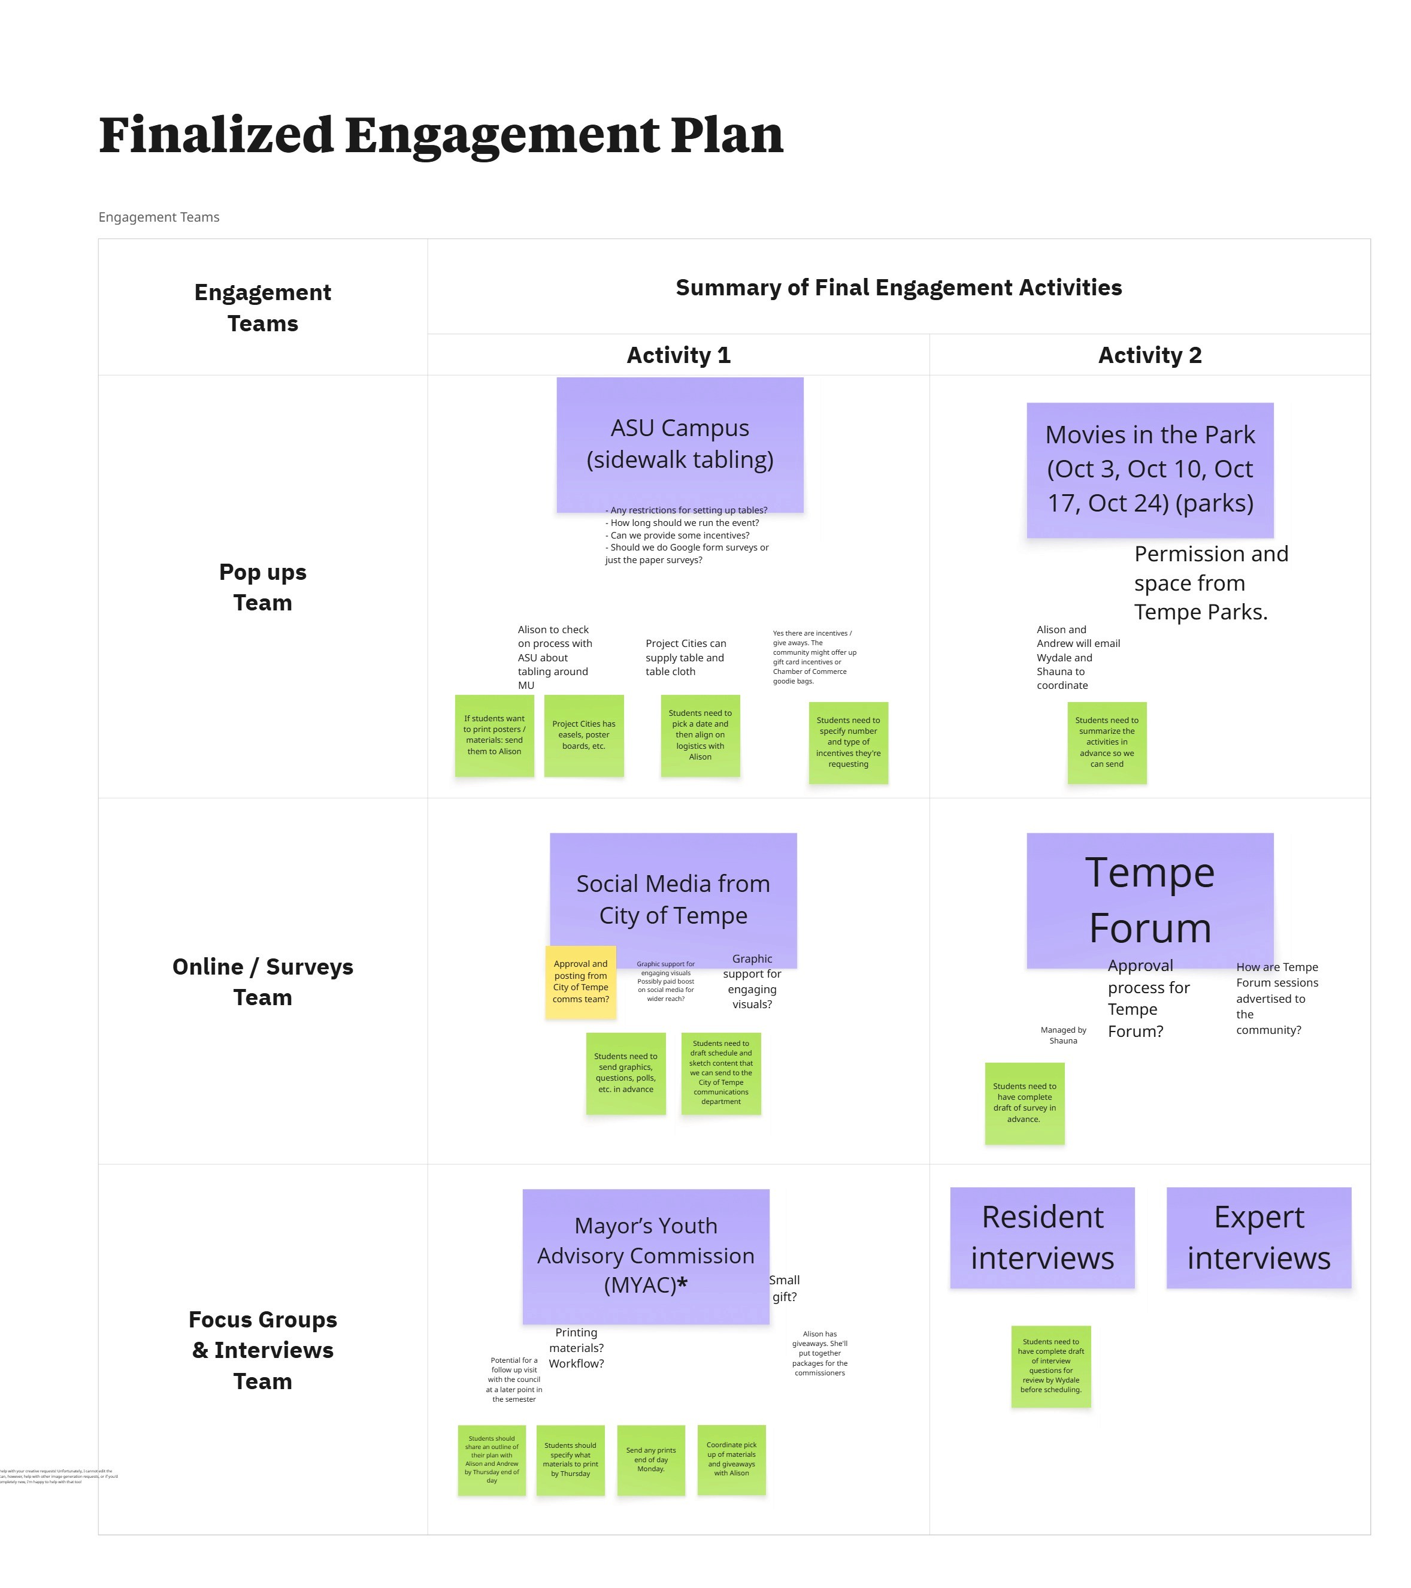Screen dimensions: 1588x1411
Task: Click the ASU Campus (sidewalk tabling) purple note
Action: point(680,444)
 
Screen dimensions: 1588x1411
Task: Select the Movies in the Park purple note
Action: point(1149,469)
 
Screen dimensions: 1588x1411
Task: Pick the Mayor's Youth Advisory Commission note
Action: point(646,1256)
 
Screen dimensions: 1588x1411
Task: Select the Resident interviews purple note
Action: point(1041,1238)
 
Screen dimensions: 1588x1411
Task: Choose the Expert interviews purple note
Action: point(1258,1238)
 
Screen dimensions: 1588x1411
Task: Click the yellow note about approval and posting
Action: point(580,982)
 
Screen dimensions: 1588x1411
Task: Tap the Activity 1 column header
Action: point(678,355)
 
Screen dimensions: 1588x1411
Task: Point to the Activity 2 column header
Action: point(1149,355)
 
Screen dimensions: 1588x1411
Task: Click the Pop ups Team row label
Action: point(262,588)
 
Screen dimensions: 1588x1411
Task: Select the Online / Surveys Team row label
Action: point(262,982)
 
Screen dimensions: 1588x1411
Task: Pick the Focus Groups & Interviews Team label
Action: point(262,1350)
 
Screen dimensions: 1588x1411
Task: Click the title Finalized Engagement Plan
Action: point(441,135)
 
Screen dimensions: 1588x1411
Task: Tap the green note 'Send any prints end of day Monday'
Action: point(651,1460)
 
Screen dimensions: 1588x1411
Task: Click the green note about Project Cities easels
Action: point(583,735)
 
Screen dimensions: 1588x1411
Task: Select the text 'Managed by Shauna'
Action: point(1063,1035)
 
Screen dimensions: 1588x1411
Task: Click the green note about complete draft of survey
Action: point(1024,1103)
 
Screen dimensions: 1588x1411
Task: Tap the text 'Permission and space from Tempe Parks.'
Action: point(1210,583)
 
